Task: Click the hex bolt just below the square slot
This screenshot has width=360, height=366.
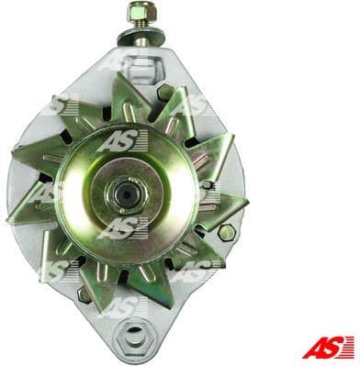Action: click(165, 92)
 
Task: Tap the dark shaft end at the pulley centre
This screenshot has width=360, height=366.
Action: click(125, 193)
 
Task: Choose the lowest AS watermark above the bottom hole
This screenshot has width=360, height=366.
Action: click(122, 303)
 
